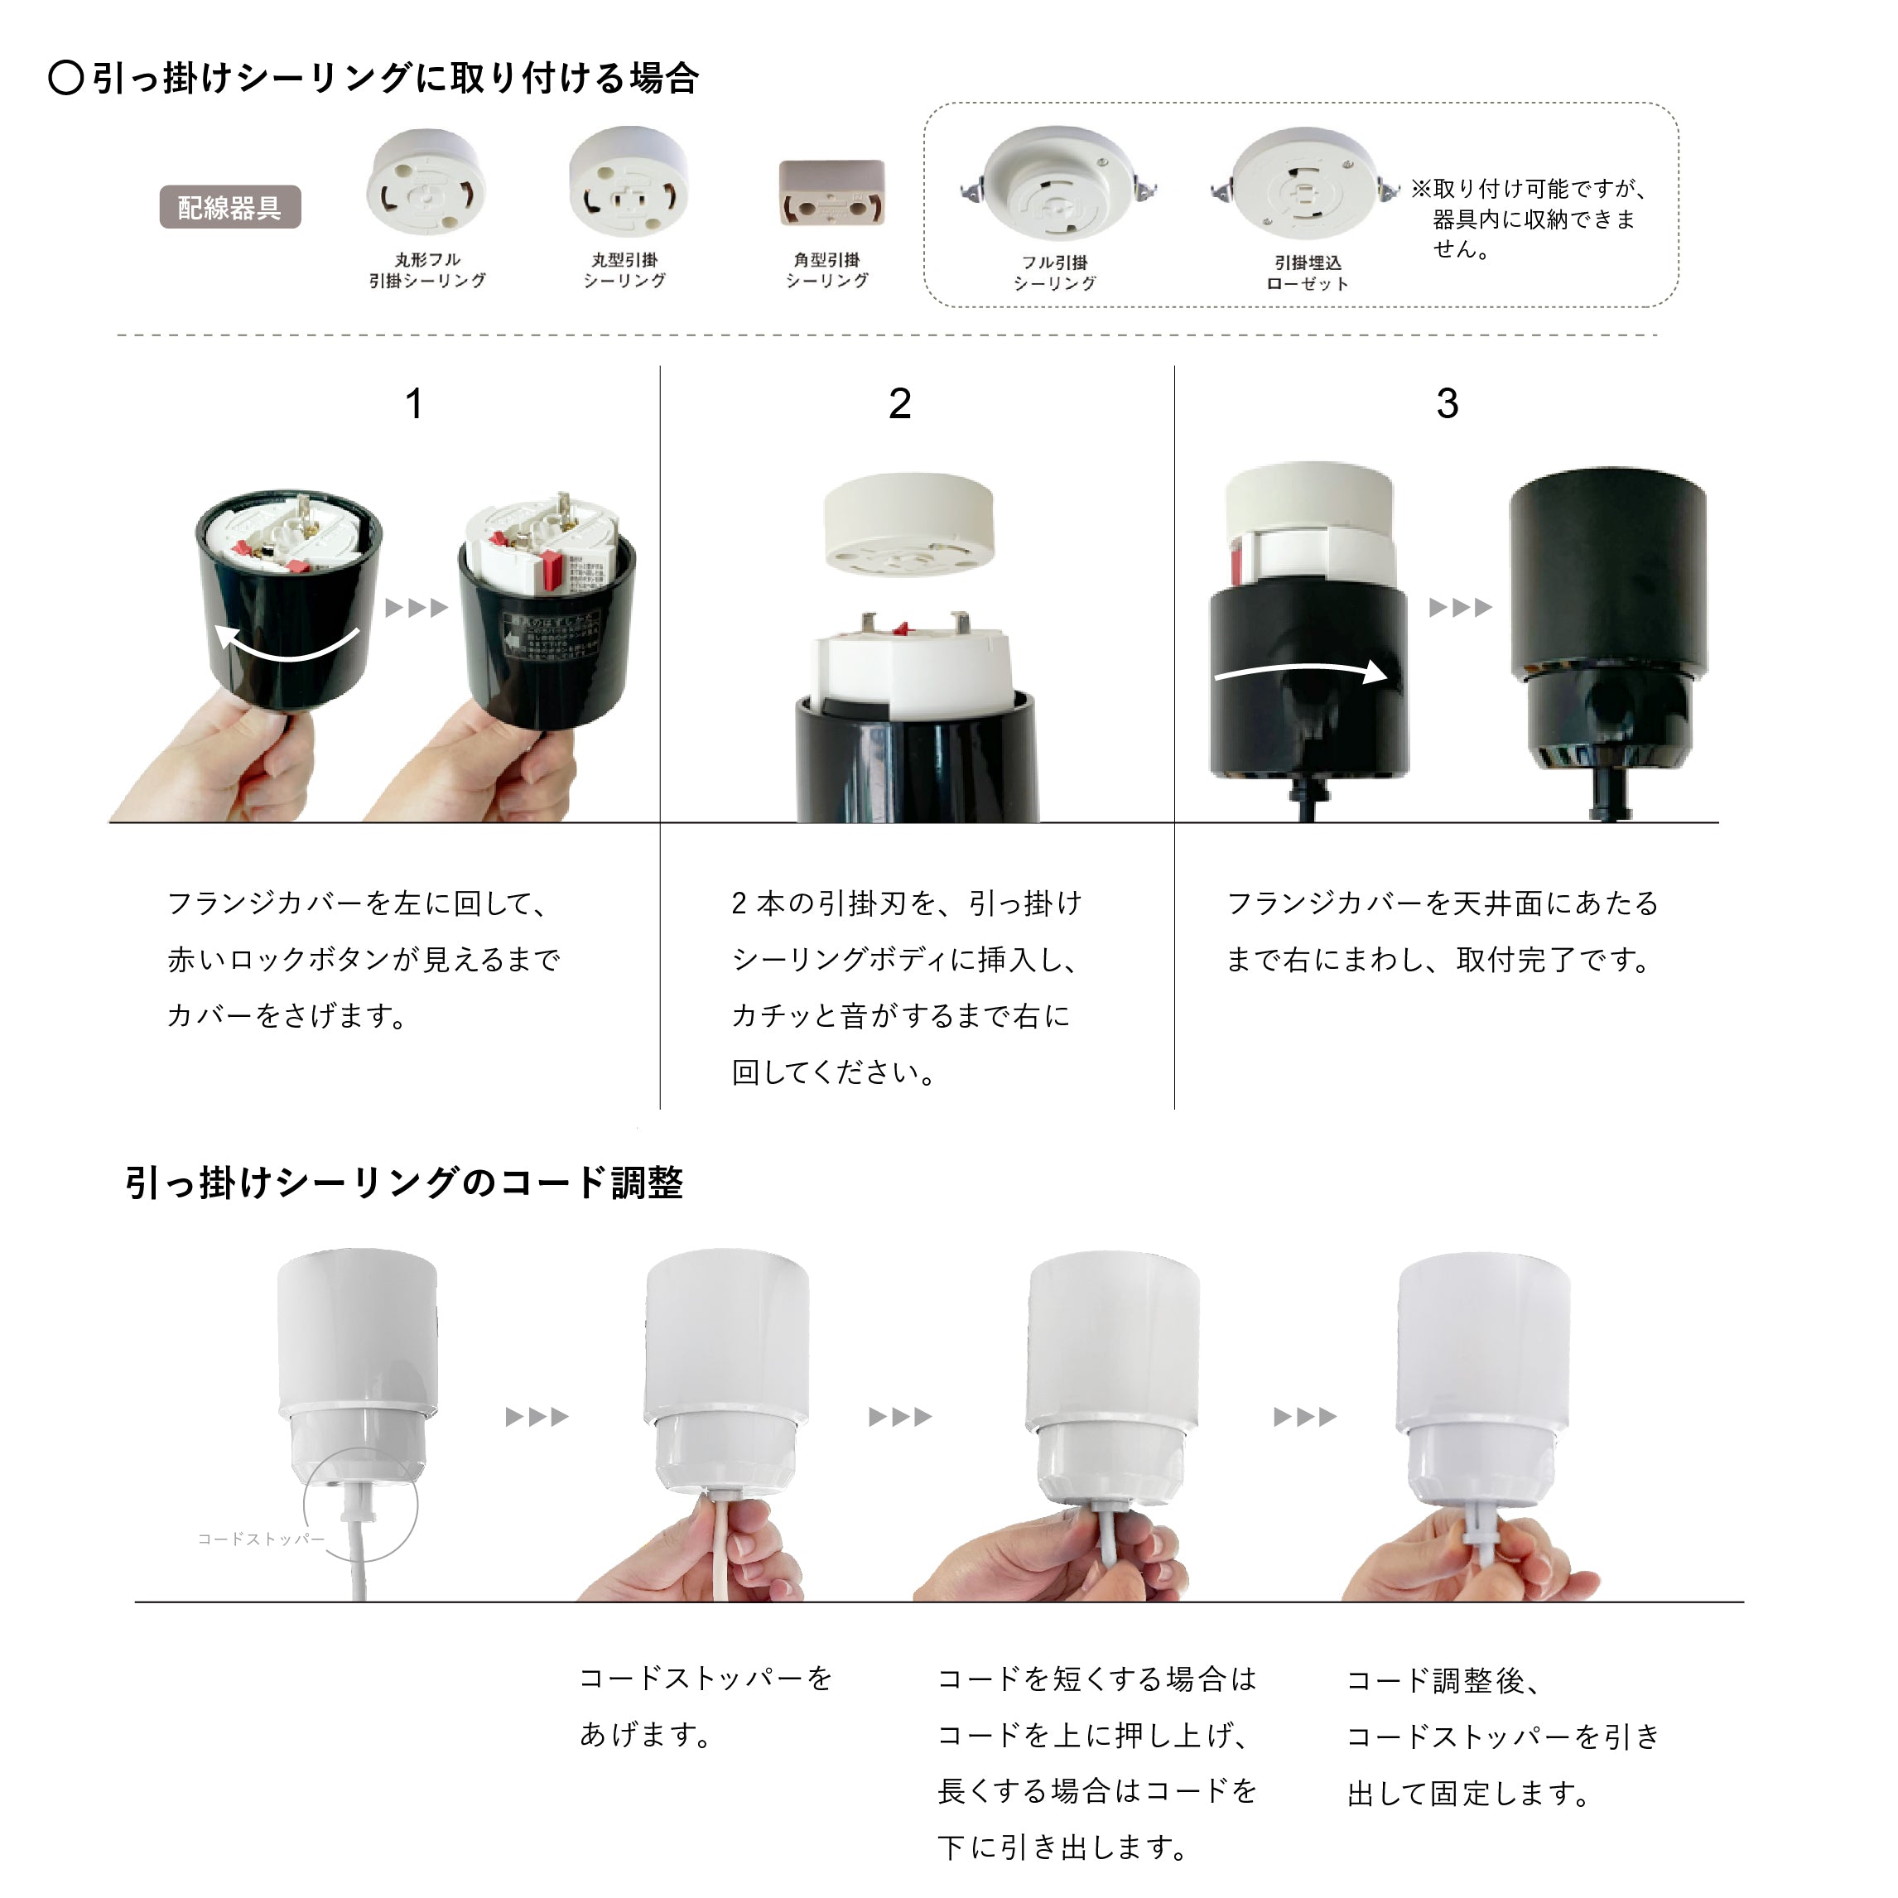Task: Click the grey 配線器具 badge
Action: pyautogui.click(x=230, y=207)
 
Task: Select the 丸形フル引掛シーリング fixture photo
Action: pyautogui.click(x=426, y=184)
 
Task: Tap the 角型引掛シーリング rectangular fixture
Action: pyautogui.click(x=831, y=195)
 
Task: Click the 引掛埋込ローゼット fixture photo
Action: pyautogui.click(x=1303, y=184)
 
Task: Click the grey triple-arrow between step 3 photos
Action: pyautogui.click(x=1460, y=607)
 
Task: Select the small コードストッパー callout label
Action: pyautogui.click(x=260, y=1539)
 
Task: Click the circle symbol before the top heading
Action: pyautogui.click(x=65, y=78)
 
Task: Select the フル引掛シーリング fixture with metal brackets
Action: pyautogui.click(x=1056, y=184)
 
